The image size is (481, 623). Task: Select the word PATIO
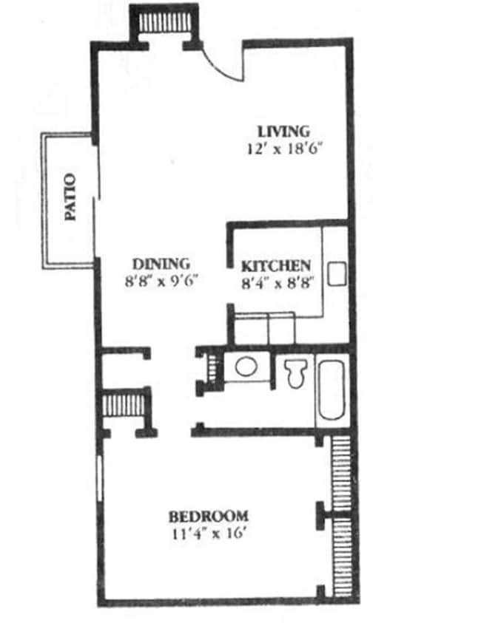pos(70,197)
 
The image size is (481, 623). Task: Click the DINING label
pos(161,263)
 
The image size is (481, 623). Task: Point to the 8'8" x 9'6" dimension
pos(162,281)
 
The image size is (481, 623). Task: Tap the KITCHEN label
pos(276,265)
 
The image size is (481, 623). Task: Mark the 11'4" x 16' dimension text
pos(209,532)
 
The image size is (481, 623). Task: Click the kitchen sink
pos(337,274)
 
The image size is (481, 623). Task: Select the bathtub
pos(332,390)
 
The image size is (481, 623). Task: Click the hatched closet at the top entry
pos(164,22)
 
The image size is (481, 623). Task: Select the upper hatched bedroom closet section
pos(340,472)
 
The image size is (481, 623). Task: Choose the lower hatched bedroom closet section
pos(341,555)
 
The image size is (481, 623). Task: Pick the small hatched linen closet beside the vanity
pos(211,366)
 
